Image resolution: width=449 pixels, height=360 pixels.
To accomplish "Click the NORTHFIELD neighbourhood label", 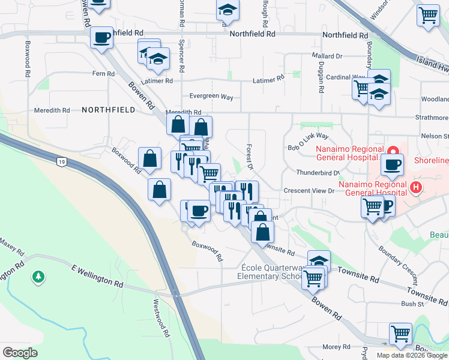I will click(x=108, y=110).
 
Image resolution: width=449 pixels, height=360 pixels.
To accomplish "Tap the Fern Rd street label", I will click(x=103, y=74).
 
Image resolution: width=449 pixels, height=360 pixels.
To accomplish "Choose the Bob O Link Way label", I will click(x=308, y=142).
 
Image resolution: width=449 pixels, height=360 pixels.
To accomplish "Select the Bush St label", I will click(x=413, y=304).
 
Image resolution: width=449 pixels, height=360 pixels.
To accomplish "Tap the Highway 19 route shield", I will click(x=61, y=161).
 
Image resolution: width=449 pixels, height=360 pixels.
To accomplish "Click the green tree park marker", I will click(x=39, y=277).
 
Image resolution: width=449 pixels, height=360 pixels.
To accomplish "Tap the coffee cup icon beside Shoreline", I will click(x=393, y=165).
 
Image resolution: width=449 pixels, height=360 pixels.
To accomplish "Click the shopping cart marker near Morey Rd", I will click(x=400, y=334).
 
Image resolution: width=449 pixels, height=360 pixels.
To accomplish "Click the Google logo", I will click(x=20, y=353).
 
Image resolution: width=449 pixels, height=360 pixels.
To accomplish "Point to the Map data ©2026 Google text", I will click(x=411, y=355).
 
